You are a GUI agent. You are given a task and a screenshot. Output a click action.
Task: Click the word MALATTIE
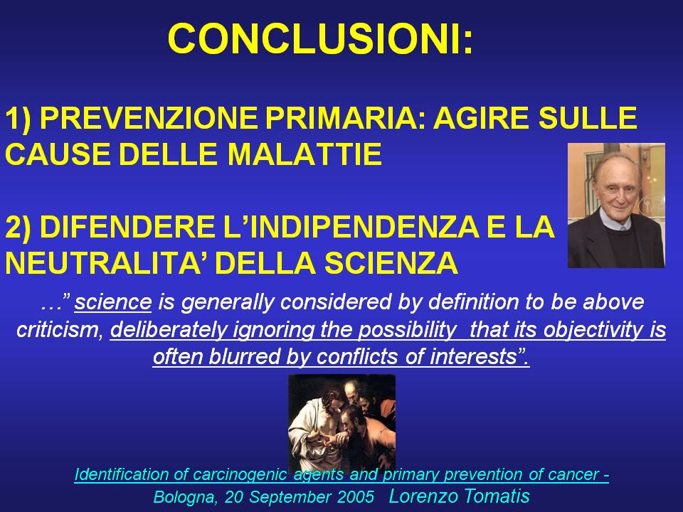pyautogui.click(x=305, y=154)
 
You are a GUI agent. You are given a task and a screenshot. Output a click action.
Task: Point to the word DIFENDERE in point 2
pyautogui.click(x=127, y=227)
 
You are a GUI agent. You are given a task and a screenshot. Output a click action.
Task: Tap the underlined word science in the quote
pyautogui.click(x=113, y=302)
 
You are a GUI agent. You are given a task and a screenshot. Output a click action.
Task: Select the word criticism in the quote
pyautogui.click(x=59, y=329)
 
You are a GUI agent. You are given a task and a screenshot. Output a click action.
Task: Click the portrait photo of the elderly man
pyautogui.click(x=616, y=205)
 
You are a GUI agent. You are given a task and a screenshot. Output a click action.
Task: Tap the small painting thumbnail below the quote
pyautogui.click(x=342, y=422)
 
